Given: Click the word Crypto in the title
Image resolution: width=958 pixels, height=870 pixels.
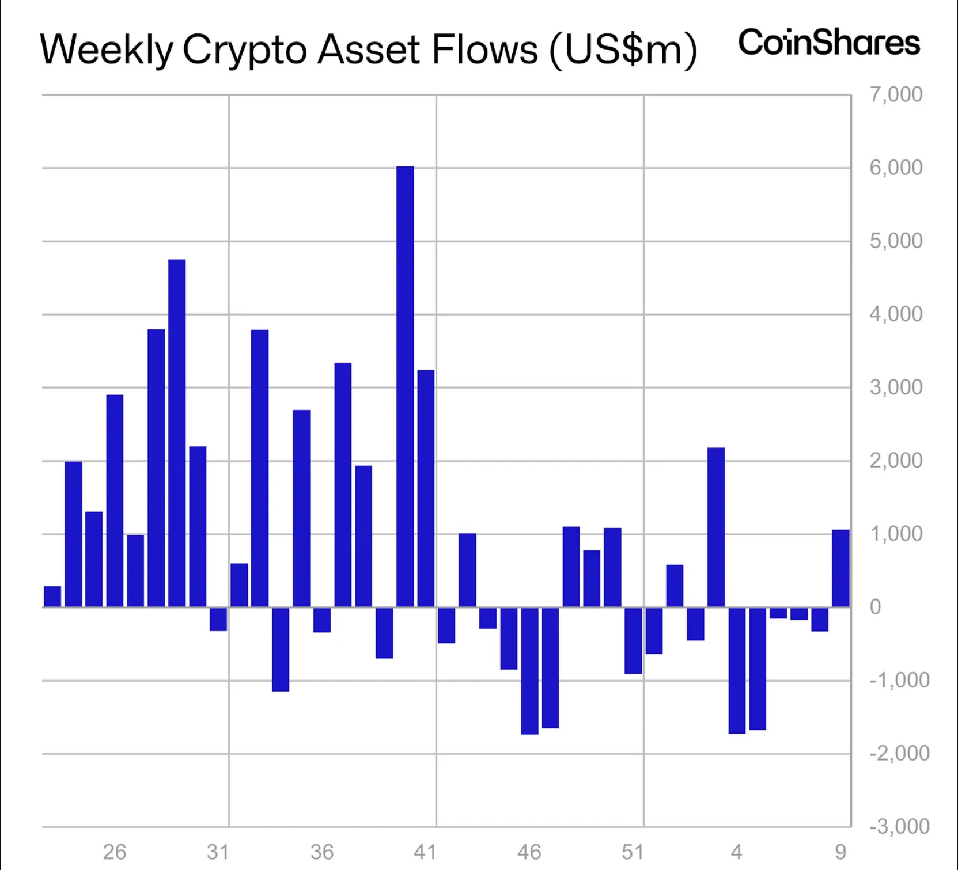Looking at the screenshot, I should tap(245, 50).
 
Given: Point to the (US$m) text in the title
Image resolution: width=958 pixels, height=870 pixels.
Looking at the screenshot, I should tap(623, 50).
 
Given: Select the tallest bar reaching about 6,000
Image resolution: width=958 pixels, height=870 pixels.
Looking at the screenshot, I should tap(405, 386).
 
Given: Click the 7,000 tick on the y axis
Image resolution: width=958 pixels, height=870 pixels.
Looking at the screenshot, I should tap(896, 94).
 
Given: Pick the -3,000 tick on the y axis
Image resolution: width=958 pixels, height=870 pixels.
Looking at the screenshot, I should tap(899, 827).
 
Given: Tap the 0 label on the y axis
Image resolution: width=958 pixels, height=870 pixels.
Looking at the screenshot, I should tap(875, 607).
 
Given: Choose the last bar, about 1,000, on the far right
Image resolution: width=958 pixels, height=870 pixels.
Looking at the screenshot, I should tap(840, 568).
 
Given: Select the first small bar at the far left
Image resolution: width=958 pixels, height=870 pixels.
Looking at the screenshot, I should tap(52, 597).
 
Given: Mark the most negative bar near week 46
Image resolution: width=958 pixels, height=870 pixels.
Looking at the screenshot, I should tap(529, 671).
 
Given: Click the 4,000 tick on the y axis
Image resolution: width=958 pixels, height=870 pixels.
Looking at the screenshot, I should tap(896, 314).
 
